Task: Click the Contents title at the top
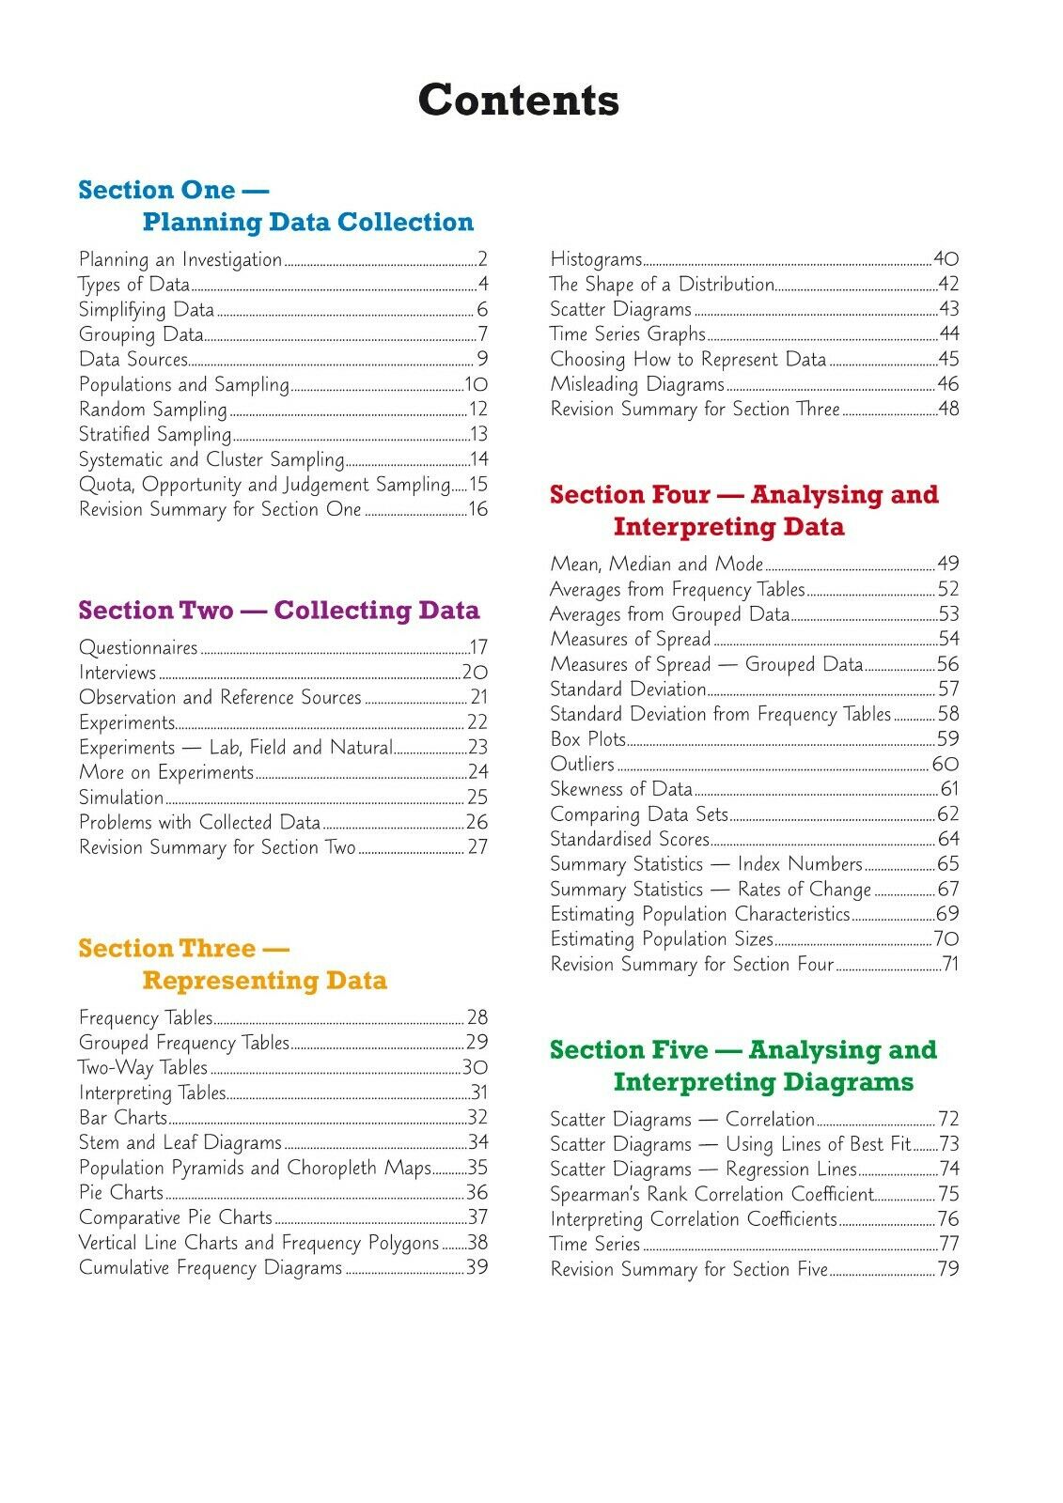click(519, 100)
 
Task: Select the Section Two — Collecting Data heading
click(279, 611)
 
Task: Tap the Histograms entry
click(596, 259)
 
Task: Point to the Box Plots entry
click(588, 739)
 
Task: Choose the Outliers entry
click(583, 765)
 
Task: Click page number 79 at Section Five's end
click(947, 1269)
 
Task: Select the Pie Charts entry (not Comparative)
click(121, 1193)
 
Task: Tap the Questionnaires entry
click(138, 647)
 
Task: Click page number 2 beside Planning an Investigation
click(482, 259)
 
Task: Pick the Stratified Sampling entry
click(155, 434)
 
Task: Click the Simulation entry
click(121, 798)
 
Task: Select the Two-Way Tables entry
click(143, 1068)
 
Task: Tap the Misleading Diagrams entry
click(637, 384)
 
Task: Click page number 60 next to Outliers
click(946, 765)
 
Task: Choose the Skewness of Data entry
click(621, 789)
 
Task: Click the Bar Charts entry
click(123, 1118)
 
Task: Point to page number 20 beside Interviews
click(475, 673)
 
